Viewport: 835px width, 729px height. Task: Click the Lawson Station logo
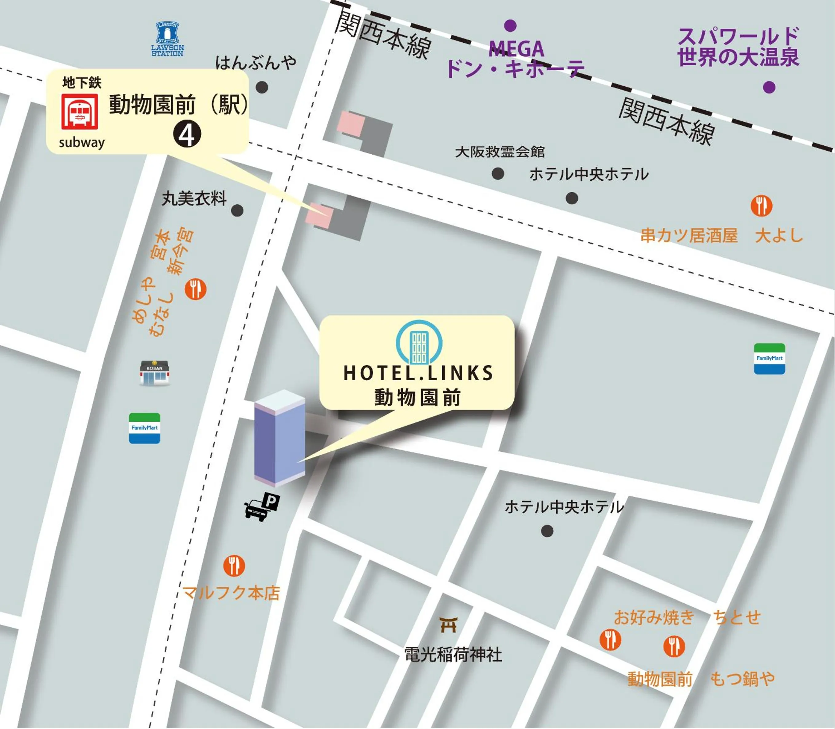[167, 39]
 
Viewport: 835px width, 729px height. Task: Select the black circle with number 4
[187, 135]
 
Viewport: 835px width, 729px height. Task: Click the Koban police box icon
[154, 372]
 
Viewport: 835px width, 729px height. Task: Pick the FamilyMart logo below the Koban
[144, 428]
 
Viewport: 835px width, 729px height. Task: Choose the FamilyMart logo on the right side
[769, 358]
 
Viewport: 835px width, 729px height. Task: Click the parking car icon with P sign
[262, 506]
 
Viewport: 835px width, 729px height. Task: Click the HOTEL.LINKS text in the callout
[418, 372]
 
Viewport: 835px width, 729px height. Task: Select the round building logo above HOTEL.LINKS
[419, 342]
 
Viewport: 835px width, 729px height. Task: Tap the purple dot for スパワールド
[769, 87]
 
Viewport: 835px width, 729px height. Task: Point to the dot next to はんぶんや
[262, 87]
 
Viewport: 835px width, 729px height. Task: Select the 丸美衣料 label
[194, 199]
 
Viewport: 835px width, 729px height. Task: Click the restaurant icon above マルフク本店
[234, 565]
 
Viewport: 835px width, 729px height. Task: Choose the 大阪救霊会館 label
[499, 152]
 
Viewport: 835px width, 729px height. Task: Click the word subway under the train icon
[81, 142]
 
